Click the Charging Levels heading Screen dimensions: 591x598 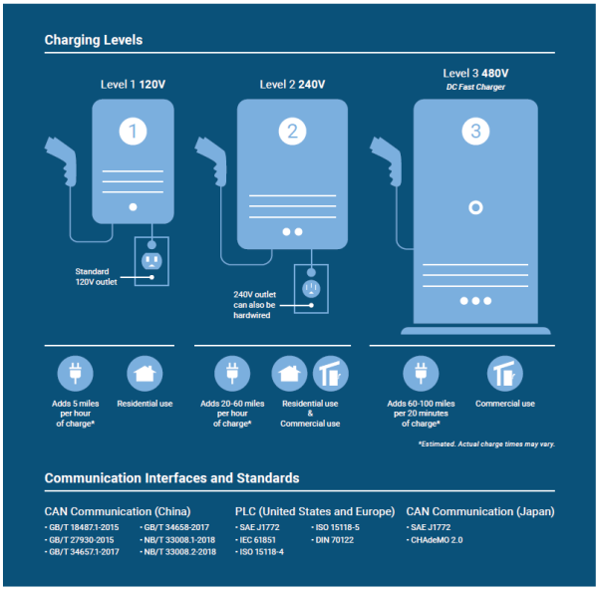coord(94,41)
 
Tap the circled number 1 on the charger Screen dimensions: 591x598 coord(133,131)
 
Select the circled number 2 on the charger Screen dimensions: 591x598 coord(291,131)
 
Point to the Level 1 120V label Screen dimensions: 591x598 coord(133,85)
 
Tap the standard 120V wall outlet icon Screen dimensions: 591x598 coord(151,261)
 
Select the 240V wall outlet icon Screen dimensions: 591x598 coord(311,289)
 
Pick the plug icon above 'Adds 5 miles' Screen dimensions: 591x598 coord(76,375)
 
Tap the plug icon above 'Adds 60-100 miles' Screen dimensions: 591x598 coord(421,375)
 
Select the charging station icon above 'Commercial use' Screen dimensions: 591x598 coord(503,375)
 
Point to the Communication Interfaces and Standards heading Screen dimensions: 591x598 coord(171,477)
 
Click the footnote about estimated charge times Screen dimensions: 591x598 coord(486,443)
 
